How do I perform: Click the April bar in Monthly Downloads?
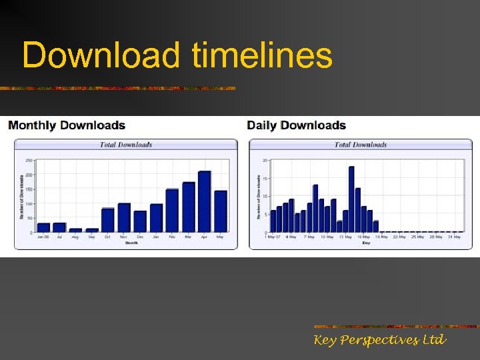click(204, 202)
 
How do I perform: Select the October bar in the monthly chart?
click(108, 220)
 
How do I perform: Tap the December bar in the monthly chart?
click(140, 221)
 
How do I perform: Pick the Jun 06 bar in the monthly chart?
click(44, 227)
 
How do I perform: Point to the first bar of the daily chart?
click(273, 221)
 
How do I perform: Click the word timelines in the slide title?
click(261, 55)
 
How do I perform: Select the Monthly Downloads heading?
click(67, 125)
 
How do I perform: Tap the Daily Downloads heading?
click(297, 125)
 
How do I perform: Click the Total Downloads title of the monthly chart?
click(126, 145)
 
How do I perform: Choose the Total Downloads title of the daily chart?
click(361, 145)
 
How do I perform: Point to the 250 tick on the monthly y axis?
click(29, 161)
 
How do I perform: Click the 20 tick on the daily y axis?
click(265, 161)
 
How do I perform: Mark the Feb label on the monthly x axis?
click(172, 236)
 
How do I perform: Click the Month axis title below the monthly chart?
click(131, 243)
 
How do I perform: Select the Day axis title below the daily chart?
click(365, 243)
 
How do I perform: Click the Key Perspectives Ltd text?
click(380, 341)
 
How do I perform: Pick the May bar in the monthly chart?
click(221, 212)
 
